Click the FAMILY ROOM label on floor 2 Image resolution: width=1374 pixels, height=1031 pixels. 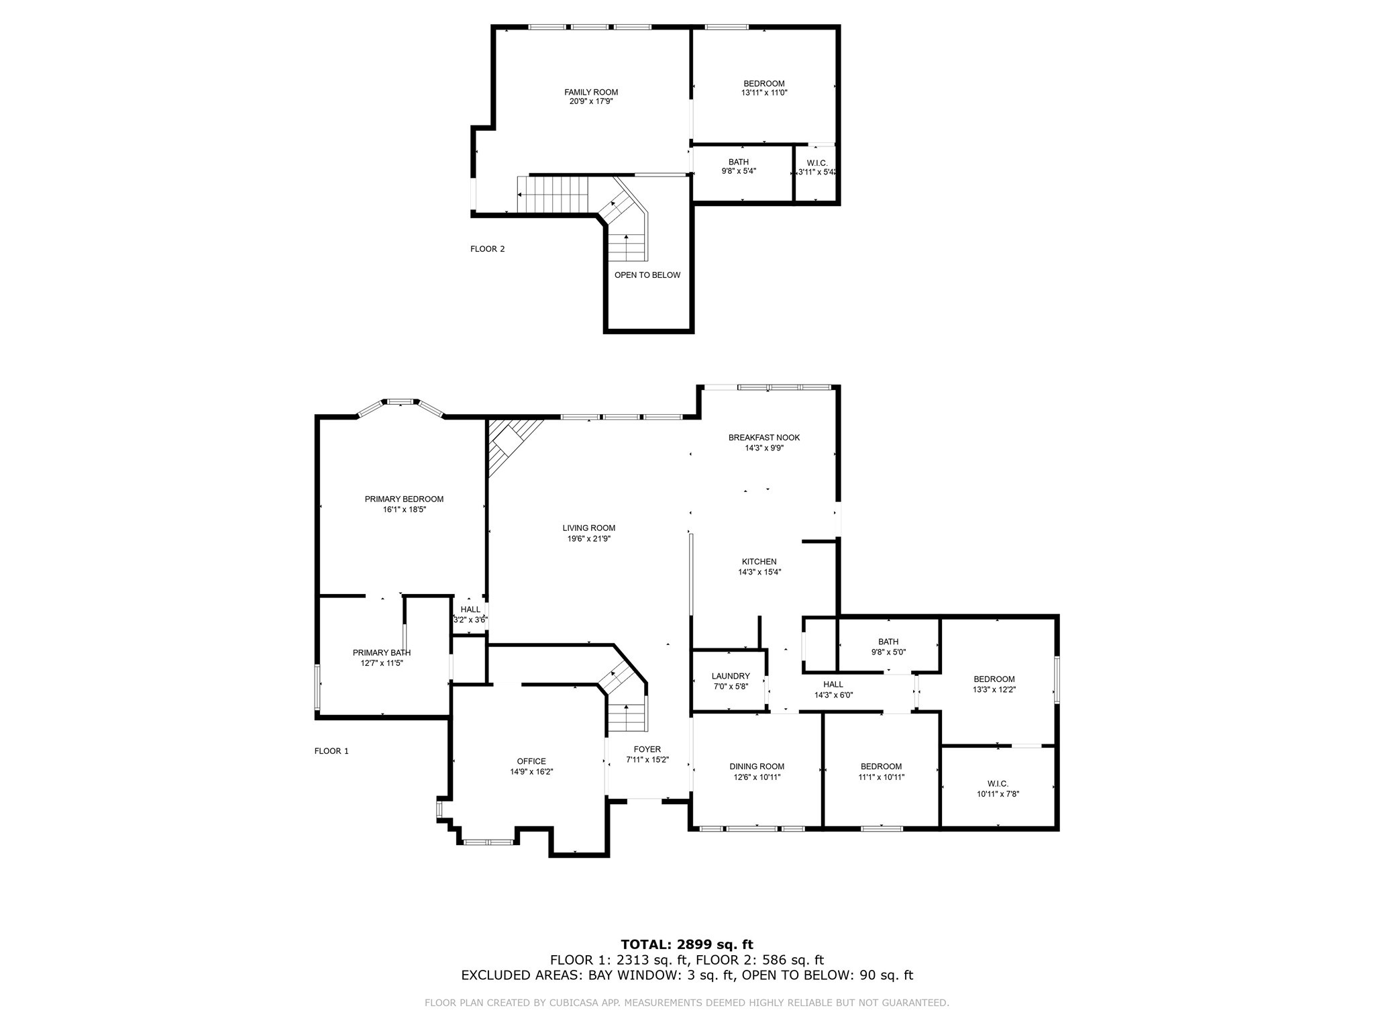click(x=590, y=93)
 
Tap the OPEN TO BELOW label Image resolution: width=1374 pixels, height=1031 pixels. click(x=647, y=275)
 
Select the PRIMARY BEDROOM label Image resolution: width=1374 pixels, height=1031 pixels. click(x=404, y=499)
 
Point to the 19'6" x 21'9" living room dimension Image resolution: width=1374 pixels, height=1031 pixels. click(x=588, y=538)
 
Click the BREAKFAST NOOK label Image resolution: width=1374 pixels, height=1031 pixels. click(x=763, y=438)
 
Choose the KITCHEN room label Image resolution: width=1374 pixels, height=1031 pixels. click(x=759, y=562)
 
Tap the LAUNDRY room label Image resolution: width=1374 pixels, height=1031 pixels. click(x=730, y=676)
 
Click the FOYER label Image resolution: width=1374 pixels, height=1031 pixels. click(x=647, y=750)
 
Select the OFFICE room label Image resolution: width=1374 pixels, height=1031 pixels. click(x=531, y=761)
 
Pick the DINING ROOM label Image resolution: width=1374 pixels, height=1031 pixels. click(x=756, y=767)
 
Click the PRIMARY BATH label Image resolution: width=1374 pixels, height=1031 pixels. click(x=381, y=652)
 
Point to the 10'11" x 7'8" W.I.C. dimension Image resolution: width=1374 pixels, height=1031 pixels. click(x=998, y=794)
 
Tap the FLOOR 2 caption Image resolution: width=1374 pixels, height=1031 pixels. click(x=487, y=249)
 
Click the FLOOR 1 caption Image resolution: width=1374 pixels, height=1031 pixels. click(x=331, y=751)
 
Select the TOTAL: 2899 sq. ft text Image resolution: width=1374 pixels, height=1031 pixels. click(x=686, y=945)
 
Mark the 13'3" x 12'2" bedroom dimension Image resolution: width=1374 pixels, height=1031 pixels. click(x=994, y=689)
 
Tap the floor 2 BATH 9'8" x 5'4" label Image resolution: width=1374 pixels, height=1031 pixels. click(x=738, y=162)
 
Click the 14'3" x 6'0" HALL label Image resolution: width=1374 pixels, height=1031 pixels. click(x=833, y=685)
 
